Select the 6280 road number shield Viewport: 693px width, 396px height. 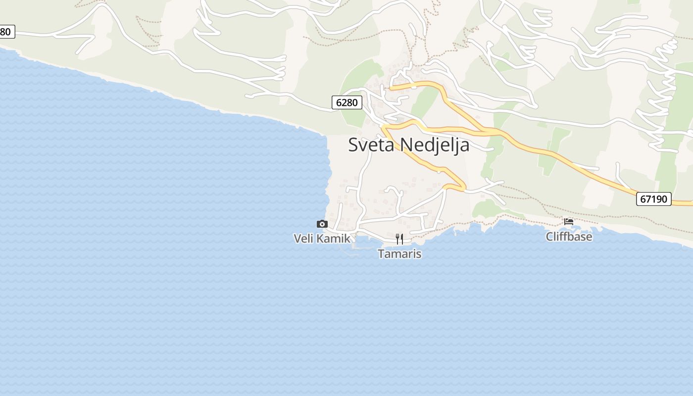click(x=346, y=103)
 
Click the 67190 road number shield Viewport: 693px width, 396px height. click(x=653, y=199)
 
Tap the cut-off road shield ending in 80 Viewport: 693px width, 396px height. click(x=6, y=32)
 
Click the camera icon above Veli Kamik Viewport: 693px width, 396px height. click(x=322, y=224)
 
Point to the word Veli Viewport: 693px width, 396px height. click(x=303, y=239)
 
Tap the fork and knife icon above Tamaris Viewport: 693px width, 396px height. click(x=399, y=239)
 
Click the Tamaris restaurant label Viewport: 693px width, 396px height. click(x=399, y=254)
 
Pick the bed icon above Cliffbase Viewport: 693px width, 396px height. click(x=569, y=222)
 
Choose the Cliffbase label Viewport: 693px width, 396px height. click(x=569, y=237)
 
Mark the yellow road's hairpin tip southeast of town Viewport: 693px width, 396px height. click(x=464, y=188)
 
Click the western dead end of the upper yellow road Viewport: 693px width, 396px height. click(x=391, y=89)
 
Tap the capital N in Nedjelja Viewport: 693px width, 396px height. click(x=406, y=145)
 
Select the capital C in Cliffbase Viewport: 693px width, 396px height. click(x=549, y=237)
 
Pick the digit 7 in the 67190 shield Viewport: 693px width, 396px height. click(x=648, y=199)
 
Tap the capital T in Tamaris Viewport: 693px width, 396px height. click(x=381, y=254)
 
